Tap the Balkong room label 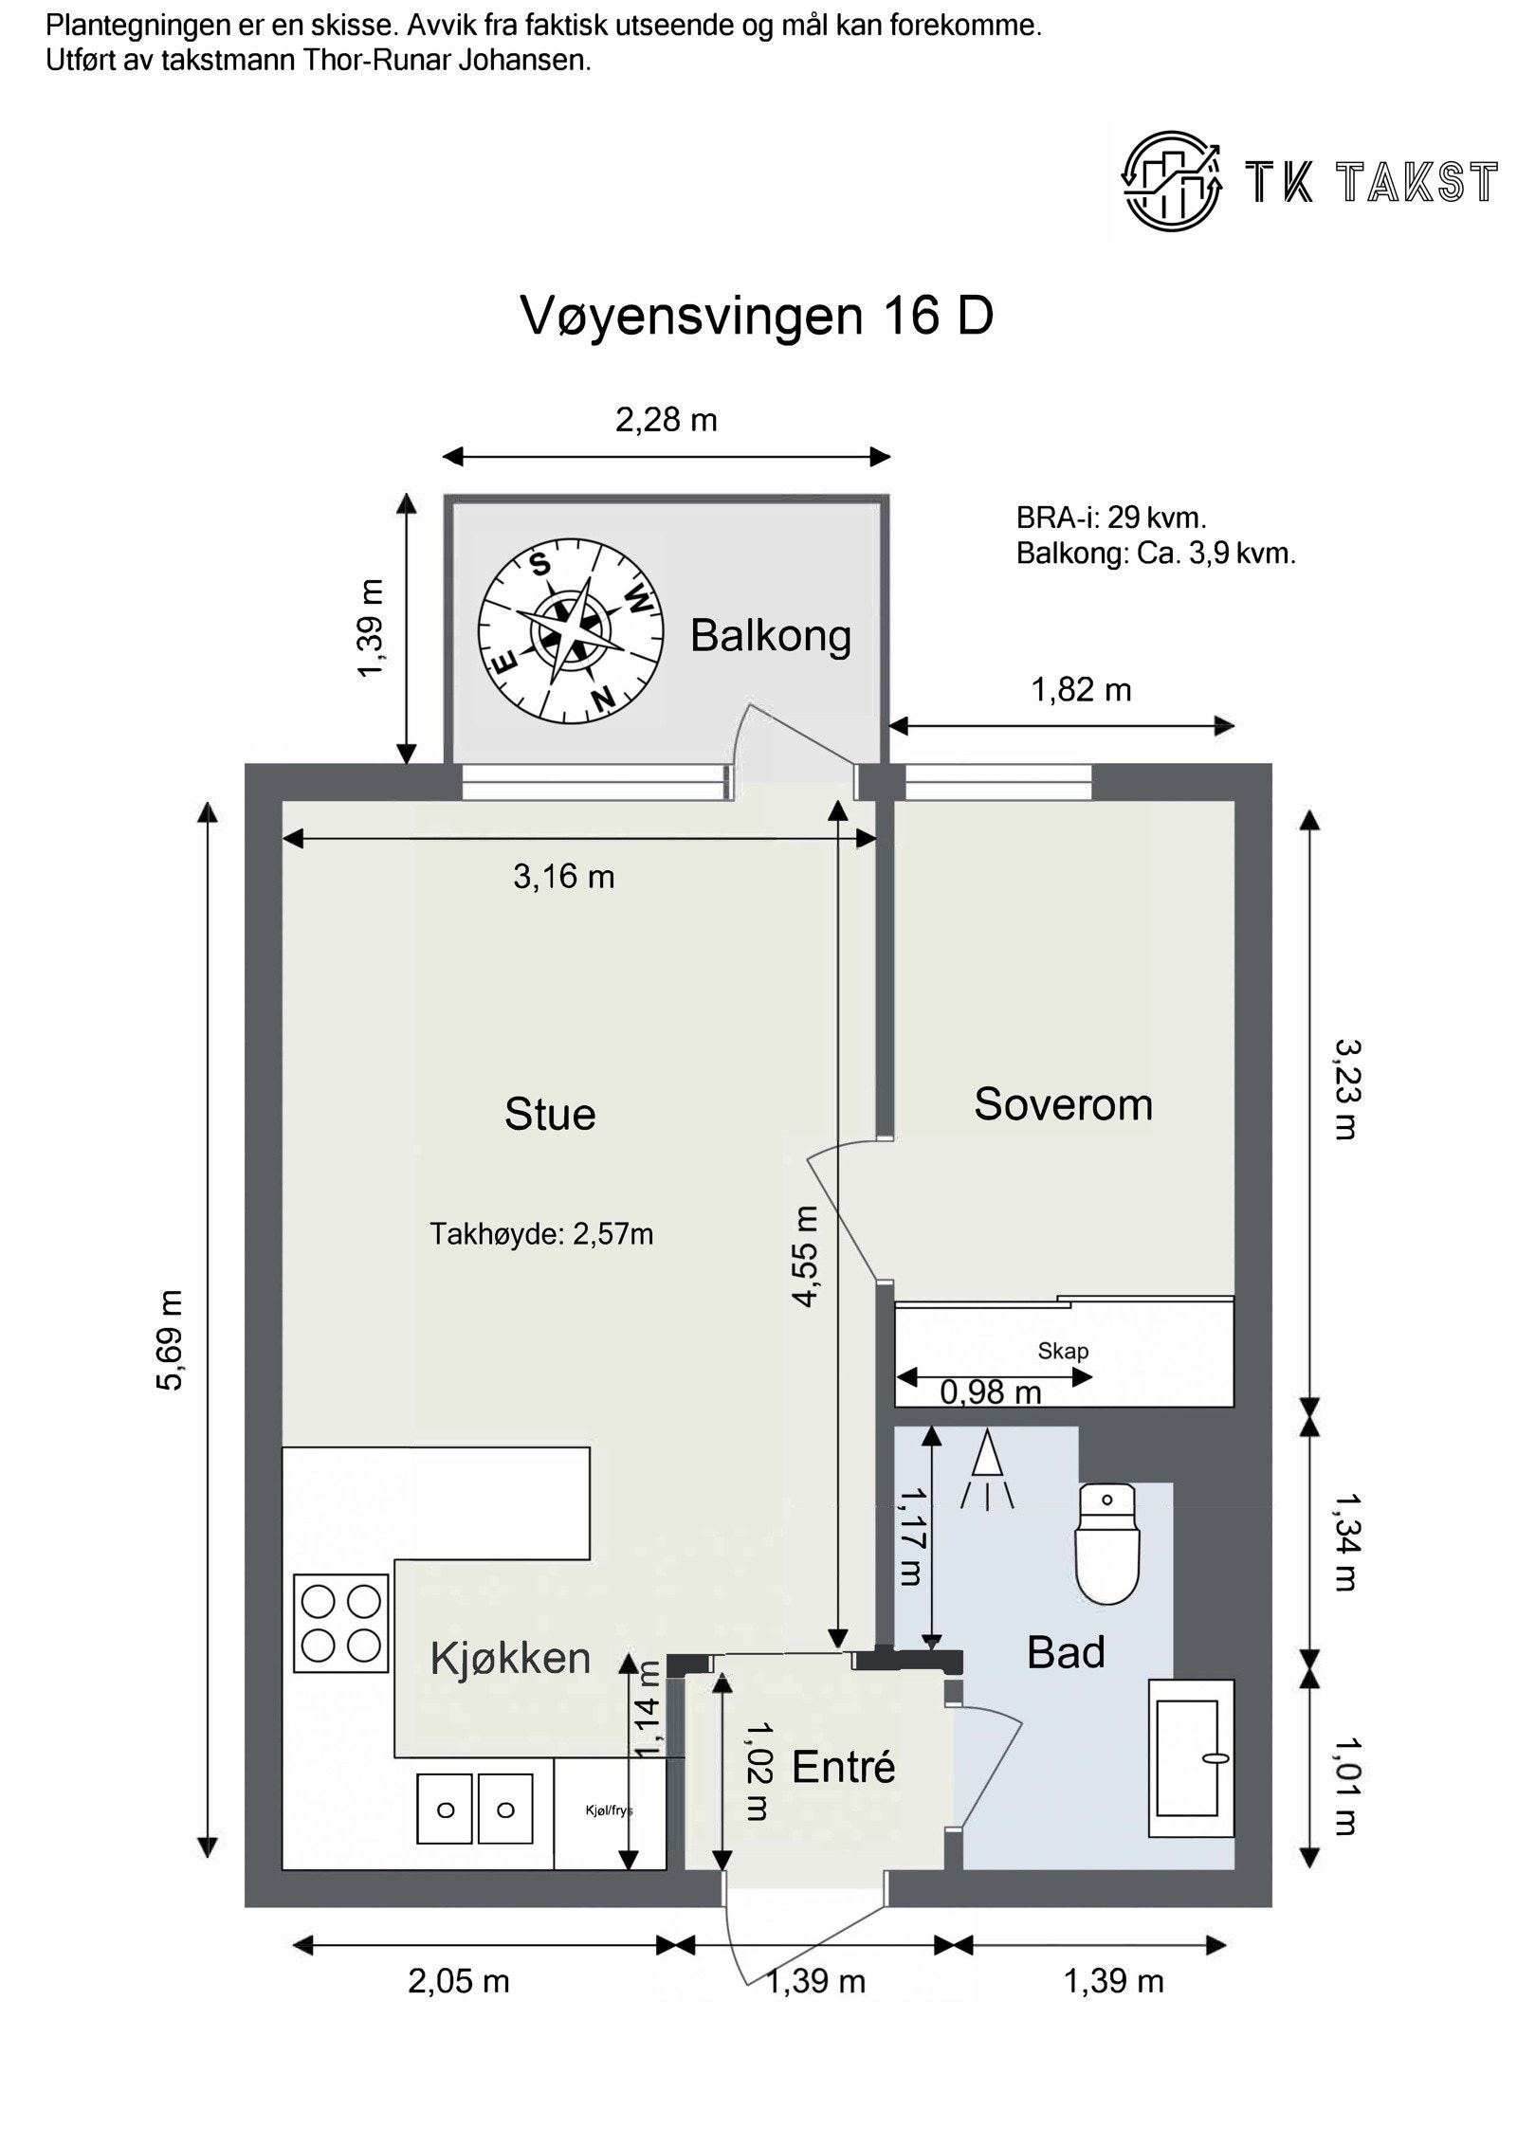pos(770,635)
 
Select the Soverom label pos(1063,1104)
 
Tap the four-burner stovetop pos(340,1623)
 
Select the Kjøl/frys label pos(608,1810)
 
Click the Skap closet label pos(1063,1351)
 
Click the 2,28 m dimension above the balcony pos(667,419)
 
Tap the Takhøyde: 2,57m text pos(541,1234)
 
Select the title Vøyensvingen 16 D pos(757,316)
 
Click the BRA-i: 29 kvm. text pos(1110,518)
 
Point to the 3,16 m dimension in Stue pos(564,877)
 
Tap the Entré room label pos(843,1767)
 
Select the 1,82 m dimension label pos(1081,690)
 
